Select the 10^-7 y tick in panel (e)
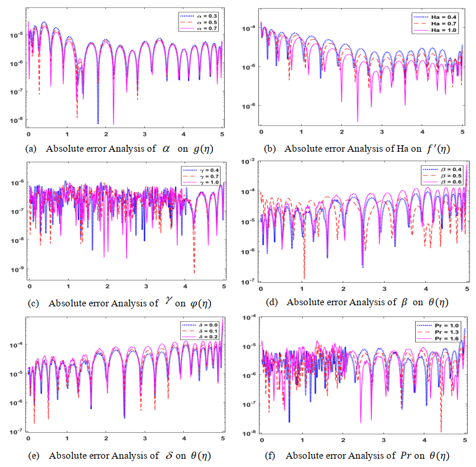tap(15, 431)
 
